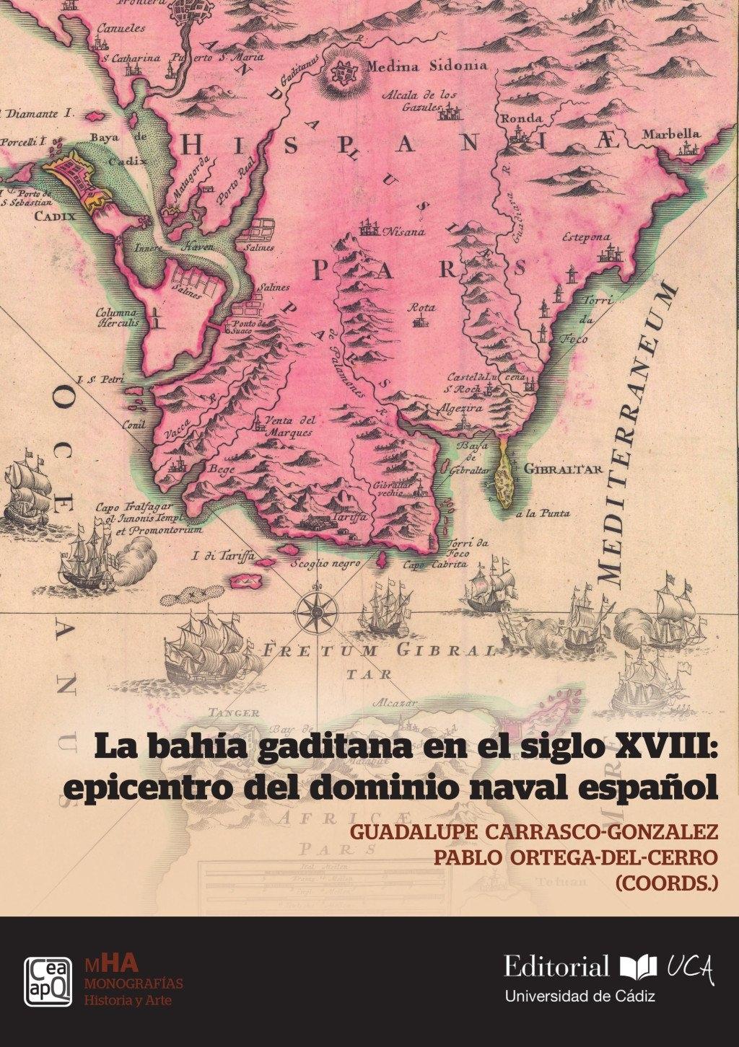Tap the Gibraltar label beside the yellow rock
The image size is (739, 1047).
click(563, 469)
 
